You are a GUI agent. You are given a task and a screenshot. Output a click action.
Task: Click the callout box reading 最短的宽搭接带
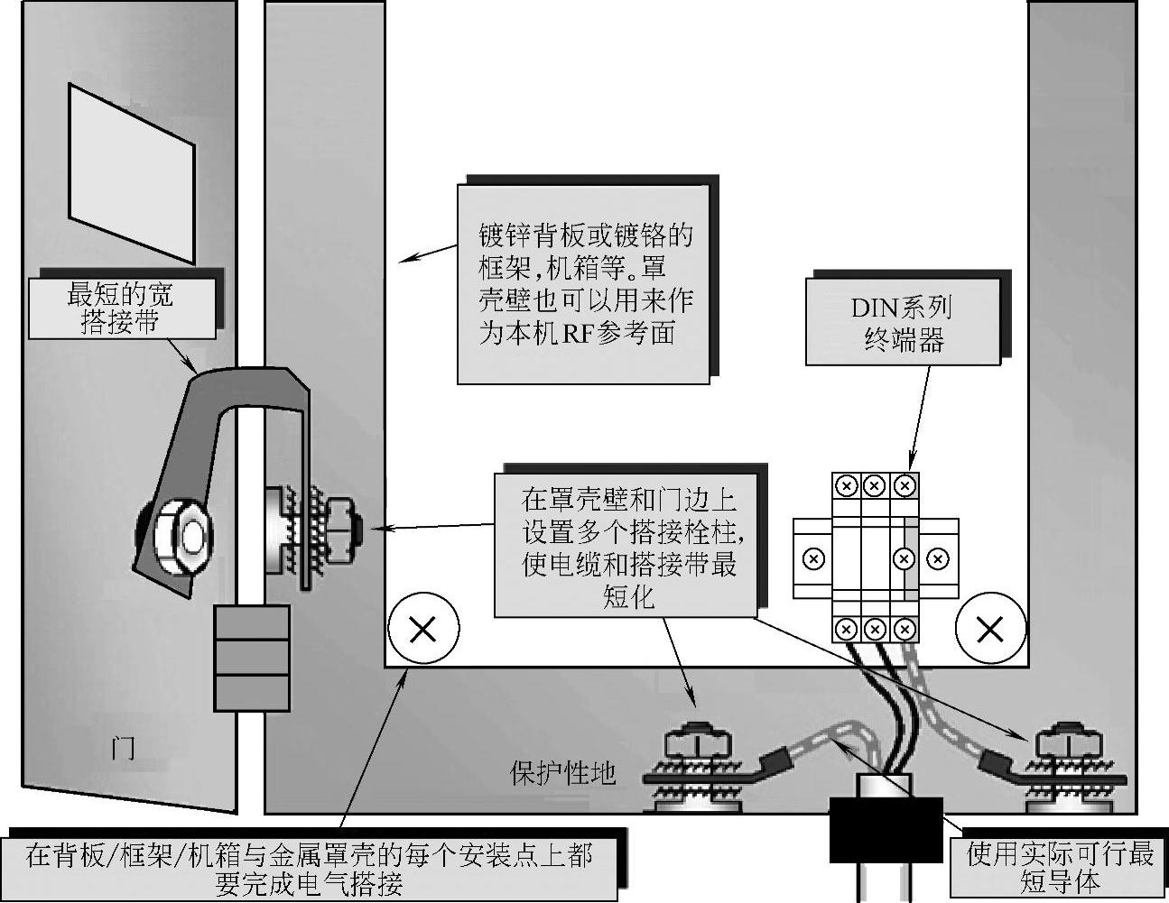coord(122,308)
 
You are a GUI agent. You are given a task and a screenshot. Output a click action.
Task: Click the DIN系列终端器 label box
coord(903,322)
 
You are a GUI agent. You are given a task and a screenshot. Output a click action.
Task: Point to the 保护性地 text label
coord(563,773)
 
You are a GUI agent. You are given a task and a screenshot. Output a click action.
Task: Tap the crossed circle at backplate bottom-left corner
coord(422,629)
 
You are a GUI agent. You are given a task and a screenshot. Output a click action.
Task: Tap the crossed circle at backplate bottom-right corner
coord(990,629)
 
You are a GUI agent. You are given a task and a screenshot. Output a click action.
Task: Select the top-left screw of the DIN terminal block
coord(846,486)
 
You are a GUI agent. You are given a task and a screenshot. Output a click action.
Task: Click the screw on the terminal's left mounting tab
coord(812,559)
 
